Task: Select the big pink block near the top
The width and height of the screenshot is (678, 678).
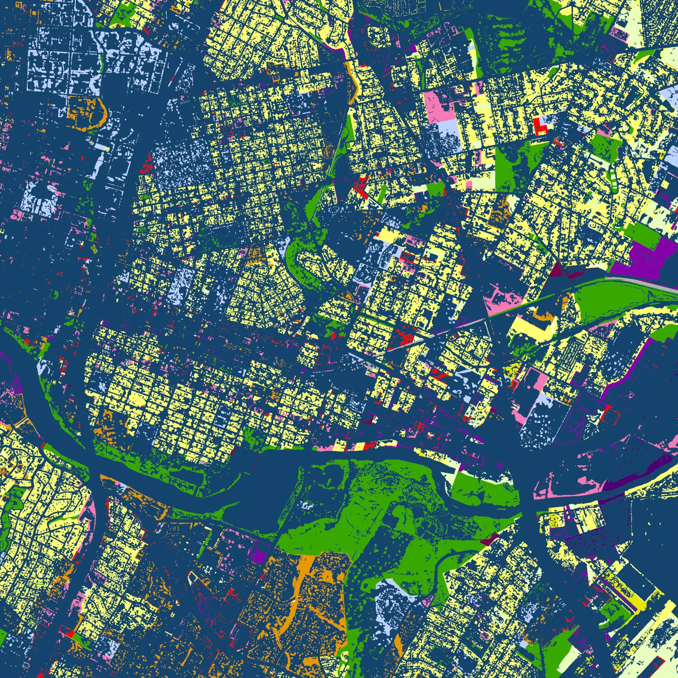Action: [439, 106]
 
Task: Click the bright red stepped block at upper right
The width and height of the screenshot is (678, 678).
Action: [541, 125]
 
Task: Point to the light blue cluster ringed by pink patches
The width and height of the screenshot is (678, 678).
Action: [40, 198]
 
